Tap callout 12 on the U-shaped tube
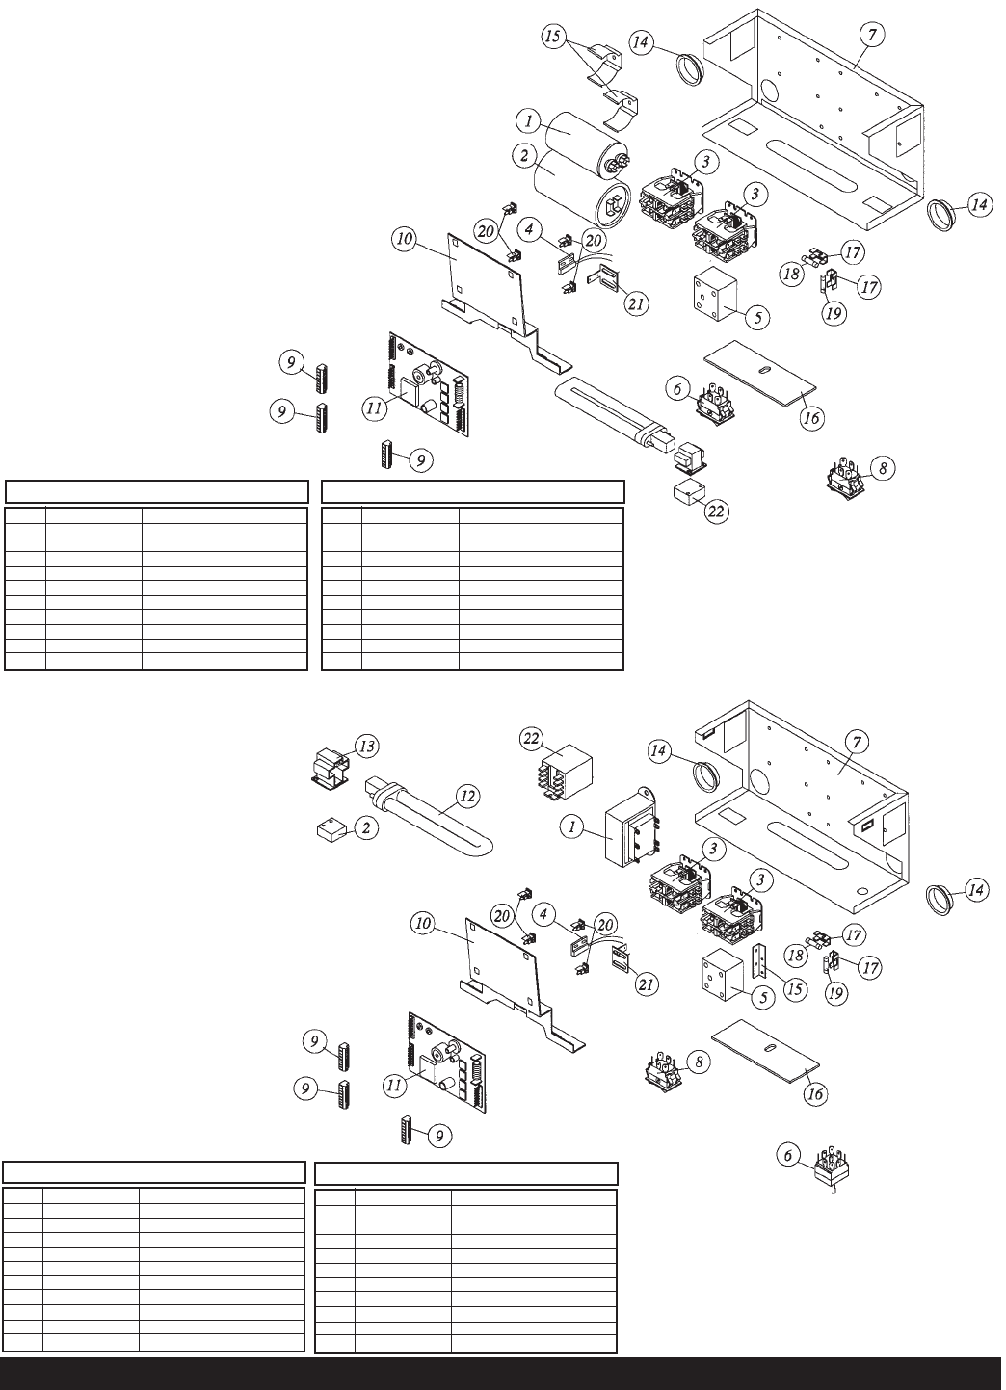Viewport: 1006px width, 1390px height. pyautogui.click(x=467, y=797)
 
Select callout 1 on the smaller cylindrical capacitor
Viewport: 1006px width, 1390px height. pyautogui.click(x=529, y=121)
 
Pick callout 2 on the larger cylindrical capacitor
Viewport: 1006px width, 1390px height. pyautogui.click(x=524, y=155)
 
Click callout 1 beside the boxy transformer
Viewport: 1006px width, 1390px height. pyautogui.click(x=572, y=827)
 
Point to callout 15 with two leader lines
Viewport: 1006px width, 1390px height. pyautogui.click(x=552, y=37)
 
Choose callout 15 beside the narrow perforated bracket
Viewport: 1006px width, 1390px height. pyautogui.click(x=795, y=988)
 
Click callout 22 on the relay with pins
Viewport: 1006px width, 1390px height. pyautogui.click(x=531, y=739)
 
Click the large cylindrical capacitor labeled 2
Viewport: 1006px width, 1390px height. pyautogui.click(x=583, y=193)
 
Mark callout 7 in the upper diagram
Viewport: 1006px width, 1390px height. pyautogui.click(x=871, y=36)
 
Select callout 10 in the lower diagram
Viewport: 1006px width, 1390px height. pyautogui.click(x=423, y=924)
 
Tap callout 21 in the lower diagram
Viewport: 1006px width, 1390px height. pyautogui.click(x=646, y=984)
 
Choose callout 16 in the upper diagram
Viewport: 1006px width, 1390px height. pyautogui.click(x=811, y=418)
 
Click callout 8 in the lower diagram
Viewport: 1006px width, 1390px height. pyautogui.click(x=699, y=1062)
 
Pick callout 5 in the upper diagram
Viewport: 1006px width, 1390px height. pyautogui.click(x=757, y=318)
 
